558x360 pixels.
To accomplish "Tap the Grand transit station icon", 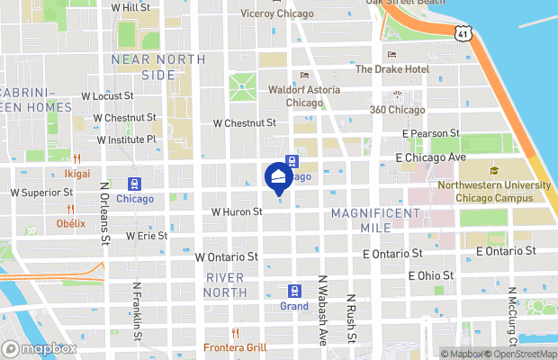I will click(x=293, y=291).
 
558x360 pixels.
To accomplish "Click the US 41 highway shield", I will click(x=462, y=32).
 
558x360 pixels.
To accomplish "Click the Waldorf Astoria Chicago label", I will click(x=304, y=96).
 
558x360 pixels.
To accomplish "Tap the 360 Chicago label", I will click(x=397, y=110).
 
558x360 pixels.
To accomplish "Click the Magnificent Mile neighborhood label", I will click(x=375, y=220).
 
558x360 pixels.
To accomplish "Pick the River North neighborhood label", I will click(x=225, y=284).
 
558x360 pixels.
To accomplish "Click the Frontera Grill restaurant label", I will click(x=235, y=346).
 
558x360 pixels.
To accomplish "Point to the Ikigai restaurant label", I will click(x=77, y=173).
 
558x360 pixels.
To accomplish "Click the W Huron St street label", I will click(x=236, y=212).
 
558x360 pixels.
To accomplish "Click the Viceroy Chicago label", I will click(x=277, y=14).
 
